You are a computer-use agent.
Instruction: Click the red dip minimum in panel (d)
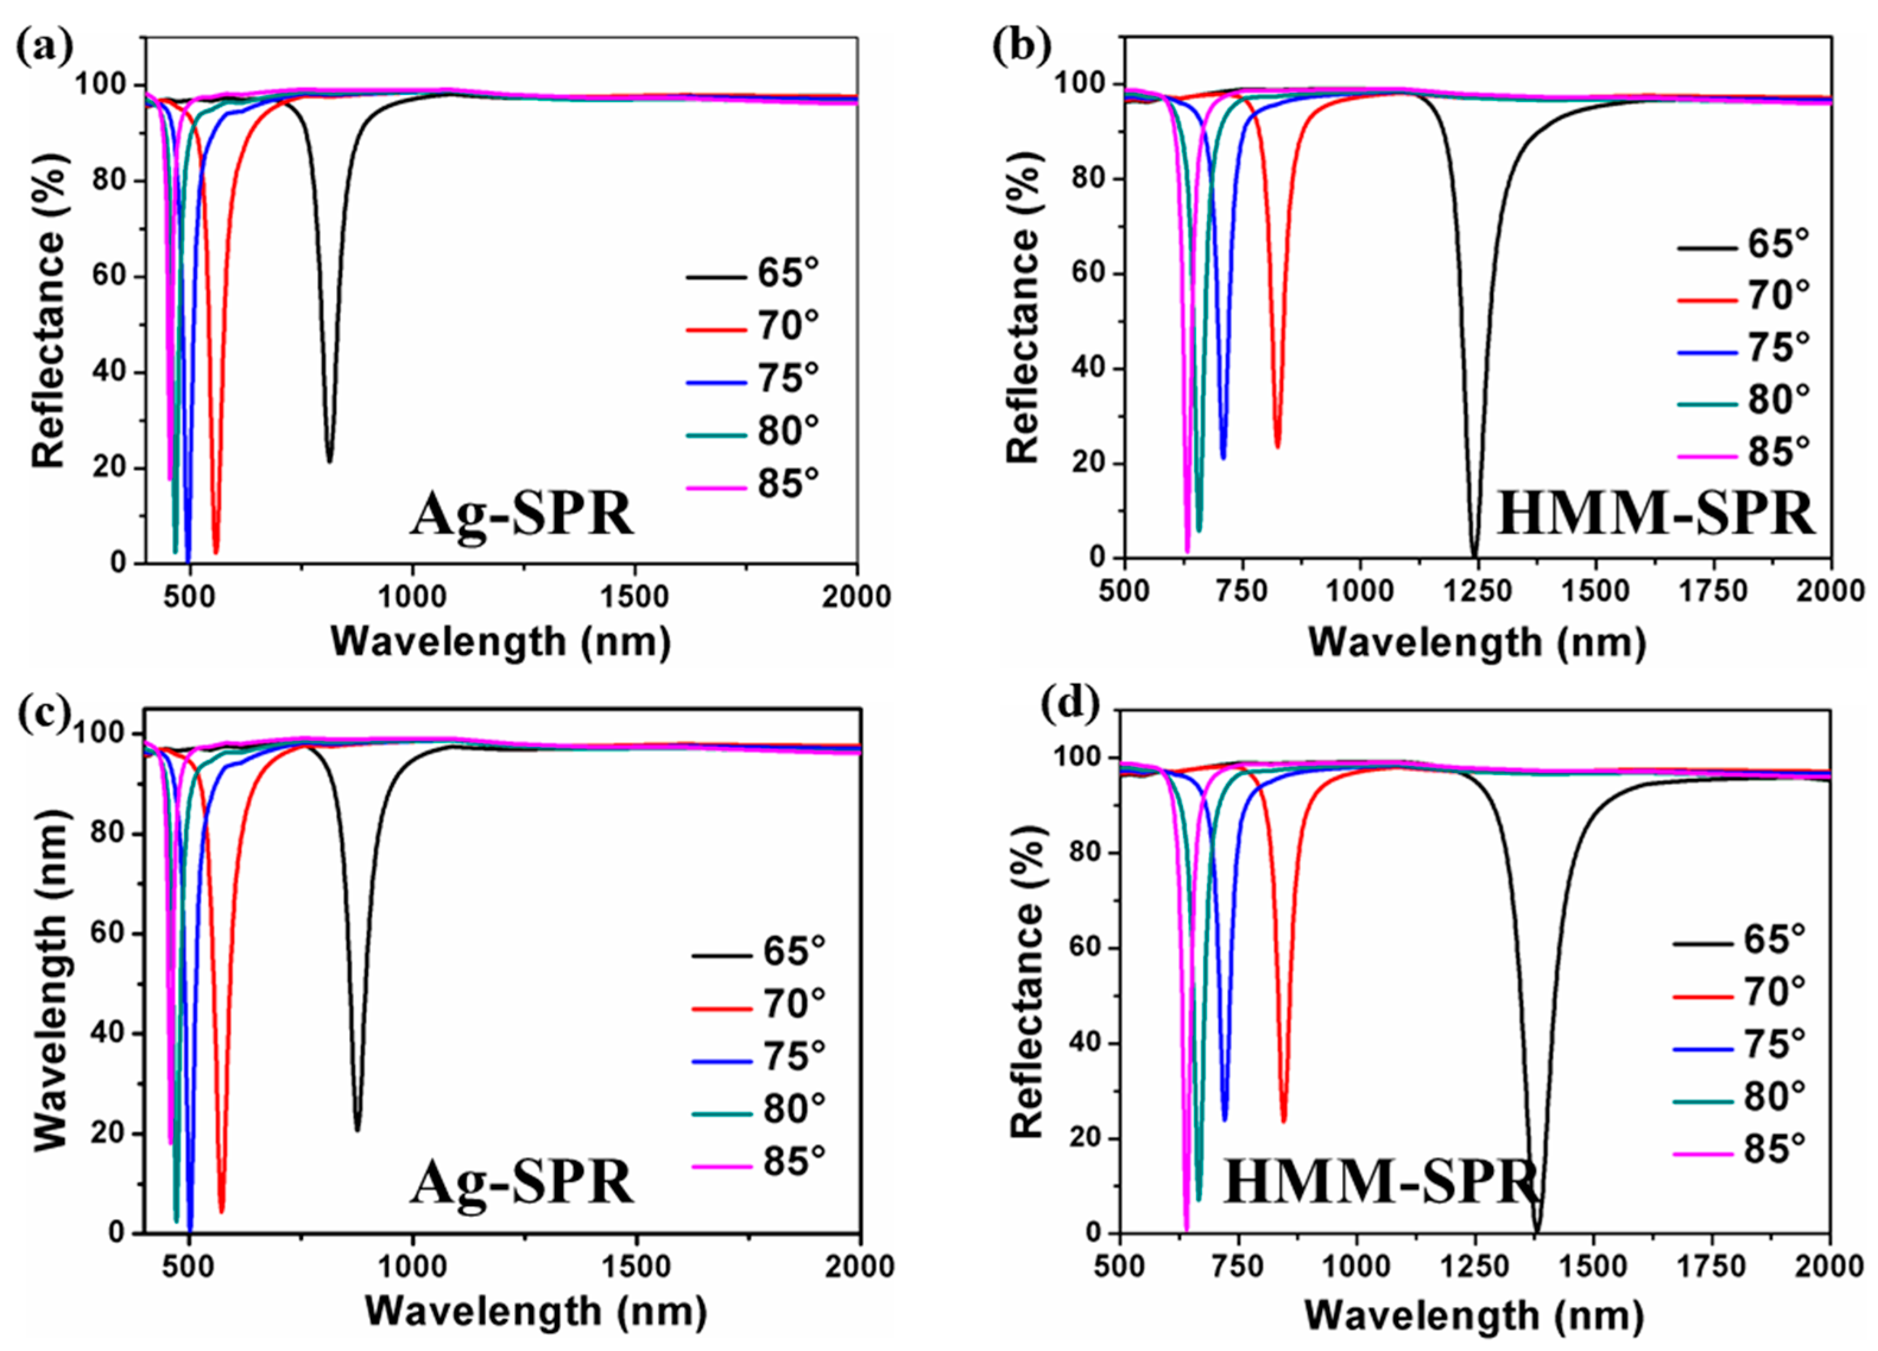point(1283,1120)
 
